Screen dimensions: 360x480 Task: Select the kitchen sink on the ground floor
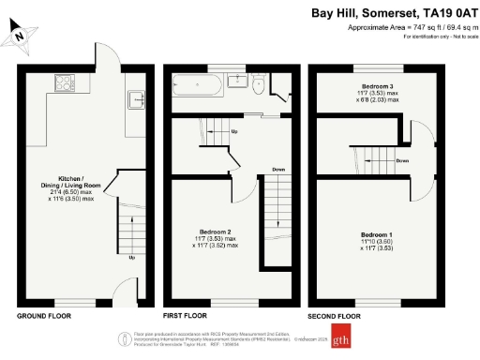click(x=134, y=96)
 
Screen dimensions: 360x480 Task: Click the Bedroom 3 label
click(x=376, y=86)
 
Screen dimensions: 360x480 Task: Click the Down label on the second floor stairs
click(x=402, y=161)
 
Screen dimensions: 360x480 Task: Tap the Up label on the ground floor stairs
click(x=131, y=258)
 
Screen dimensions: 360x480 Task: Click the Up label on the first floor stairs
click(x=233, y=131)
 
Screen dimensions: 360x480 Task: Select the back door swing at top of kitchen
click(x=105, y=54)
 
